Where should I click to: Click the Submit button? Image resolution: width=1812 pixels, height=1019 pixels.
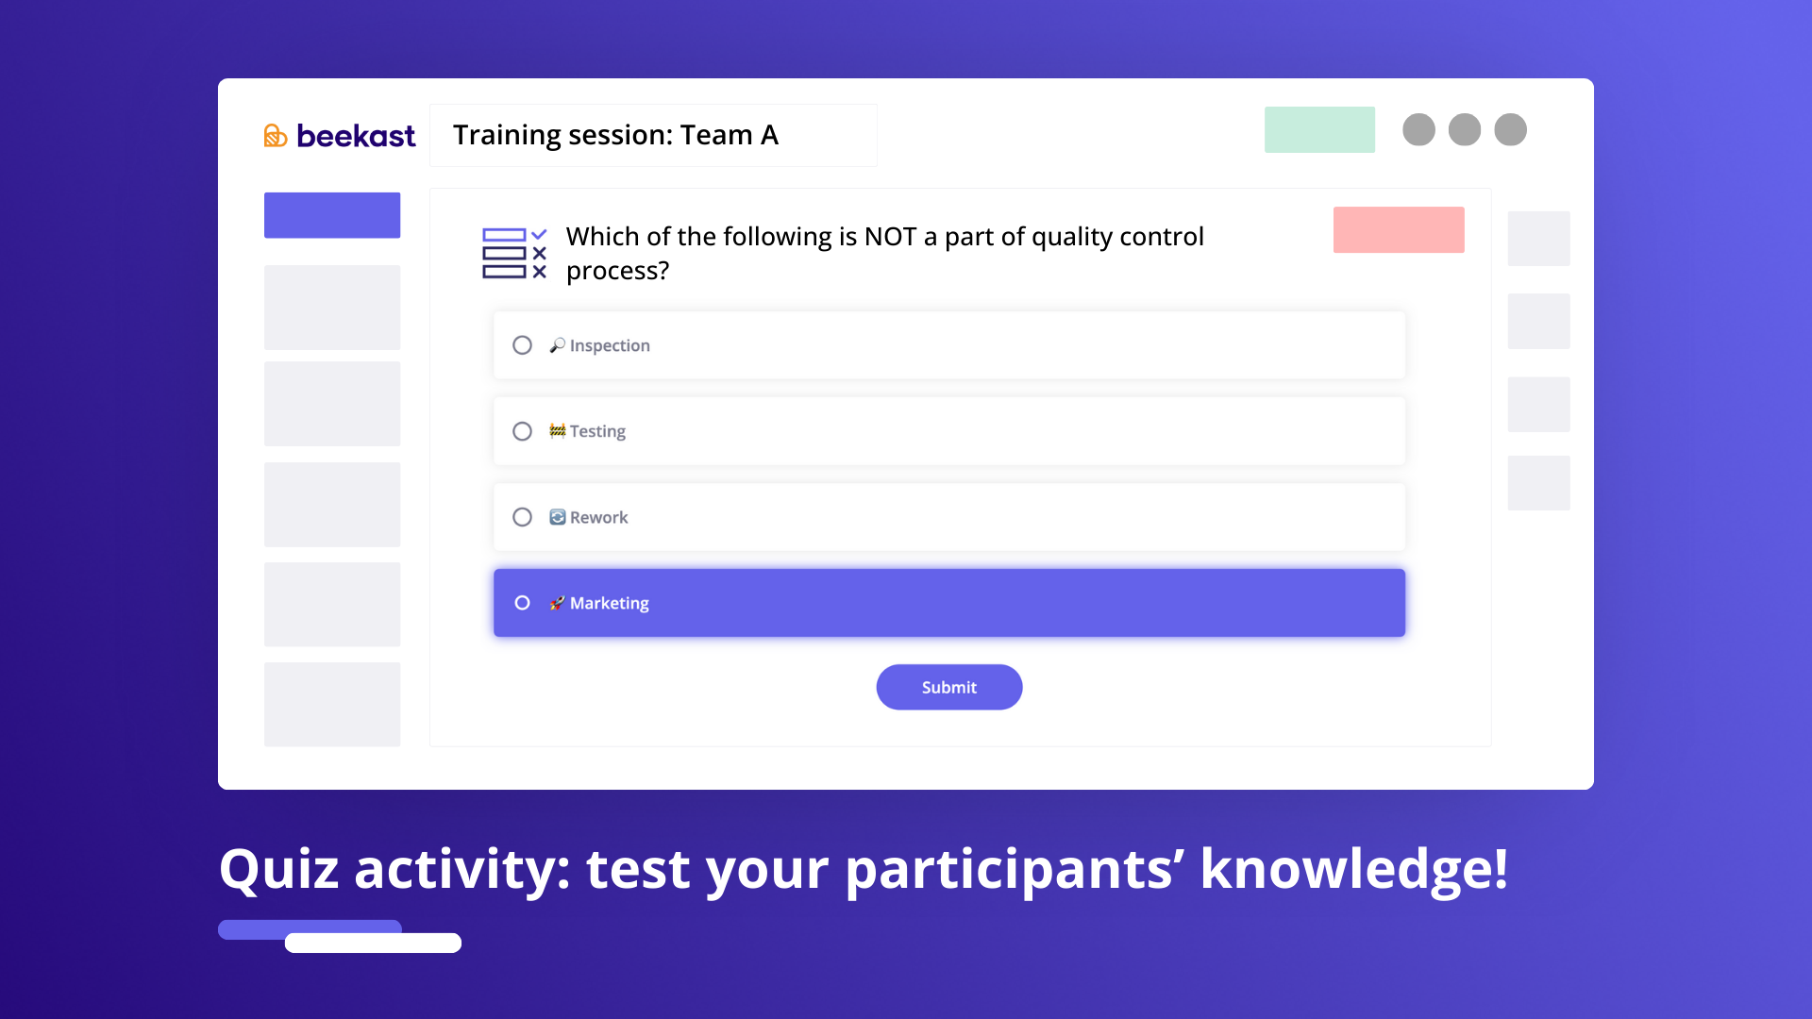(948, 687)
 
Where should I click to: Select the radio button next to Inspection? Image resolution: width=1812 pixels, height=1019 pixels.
(522, 345)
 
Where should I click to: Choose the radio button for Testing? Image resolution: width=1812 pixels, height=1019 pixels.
(522, 431)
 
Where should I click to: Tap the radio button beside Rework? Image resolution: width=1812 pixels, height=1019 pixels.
(522, 517)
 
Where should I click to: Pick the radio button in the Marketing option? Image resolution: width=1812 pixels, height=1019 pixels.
(522, 603)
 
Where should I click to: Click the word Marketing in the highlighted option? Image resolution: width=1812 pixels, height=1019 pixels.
(609, 603)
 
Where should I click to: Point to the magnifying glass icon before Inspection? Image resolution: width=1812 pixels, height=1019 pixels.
(558, 345)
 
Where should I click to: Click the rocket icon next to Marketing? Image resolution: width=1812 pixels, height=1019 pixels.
(558, 603)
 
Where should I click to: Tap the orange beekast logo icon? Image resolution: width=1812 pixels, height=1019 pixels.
(275, 136)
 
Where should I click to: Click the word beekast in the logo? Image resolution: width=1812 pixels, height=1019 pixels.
(356, 136)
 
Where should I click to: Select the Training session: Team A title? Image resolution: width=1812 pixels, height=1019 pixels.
(615, 135)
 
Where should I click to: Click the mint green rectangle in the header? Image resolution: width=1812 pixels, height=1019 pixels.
(1319, 129)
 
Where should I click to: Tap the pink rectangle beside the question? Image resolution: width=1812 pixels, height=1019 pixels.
(1399, 229)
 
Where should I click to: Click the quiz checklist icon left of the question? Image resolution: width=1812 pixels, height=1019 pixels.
(514, 253)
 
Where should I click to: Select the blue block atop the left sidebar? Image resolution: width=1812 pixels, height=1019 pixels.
(332, 215)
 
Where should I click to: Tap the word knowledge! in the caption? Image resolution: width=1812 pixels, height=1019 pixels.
(1354, 869)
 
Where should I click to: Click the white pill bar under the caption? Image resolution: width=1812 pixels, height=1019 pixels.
(373, 943)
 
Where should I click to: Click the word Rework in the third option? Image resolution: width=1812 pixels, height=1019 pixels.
(598, 517)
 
